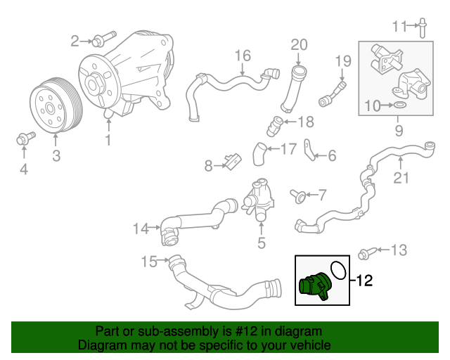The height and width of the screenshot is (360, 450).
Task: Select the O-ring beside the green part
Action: pos(338,270)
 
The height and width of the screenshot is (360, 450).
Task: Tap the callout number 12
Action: pos(364,281)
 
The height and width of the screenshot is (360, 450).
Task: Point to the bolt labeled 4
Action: pos(22,140)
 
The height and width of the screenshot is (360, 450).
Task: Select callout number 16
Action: pos(242,56)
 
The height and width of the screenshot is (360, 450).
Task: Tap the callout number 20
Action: pos(300,45)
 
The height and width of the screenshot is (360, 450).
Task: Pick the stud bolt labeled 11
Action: pos(423,28)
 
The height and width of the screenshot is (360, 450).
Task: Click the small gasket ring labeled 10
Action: pos(399,105)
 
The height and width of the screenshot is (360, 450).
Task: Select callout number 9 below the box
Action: pos(399,130)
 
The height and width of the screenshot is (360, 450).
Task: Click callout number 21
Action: pos(400,178)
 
